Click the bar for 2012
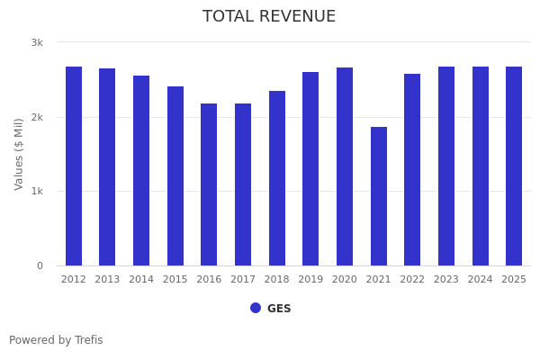coord(74,166)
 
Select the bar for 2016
coord(209,184)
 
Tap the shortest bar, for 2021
coord(379,196)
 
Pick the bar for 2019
coord(310,169)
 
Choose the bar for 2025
coord(514,166)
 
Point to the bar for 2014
coord(141,171)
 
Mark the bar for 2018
coord(277,178)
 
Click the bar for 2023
coord(446,166)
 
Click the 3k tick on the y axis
coord(37,42)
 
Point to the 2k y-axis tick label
coord(37,117)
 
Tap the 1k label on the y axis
coord(37,191)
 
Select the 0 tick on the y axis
coord(40,265)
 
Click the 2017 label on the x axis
coord(243,280)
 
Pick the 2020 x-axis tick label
coord(345,280)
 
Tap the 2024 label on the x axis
coord(481,280)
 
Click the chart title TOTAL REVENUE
coord(269,17)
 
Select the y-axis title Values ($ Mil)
coord(19,154)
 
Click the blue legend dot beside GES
coord(256,308)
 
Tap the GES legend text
coord(279,309)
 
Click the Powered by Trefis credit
coord(56,340)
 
